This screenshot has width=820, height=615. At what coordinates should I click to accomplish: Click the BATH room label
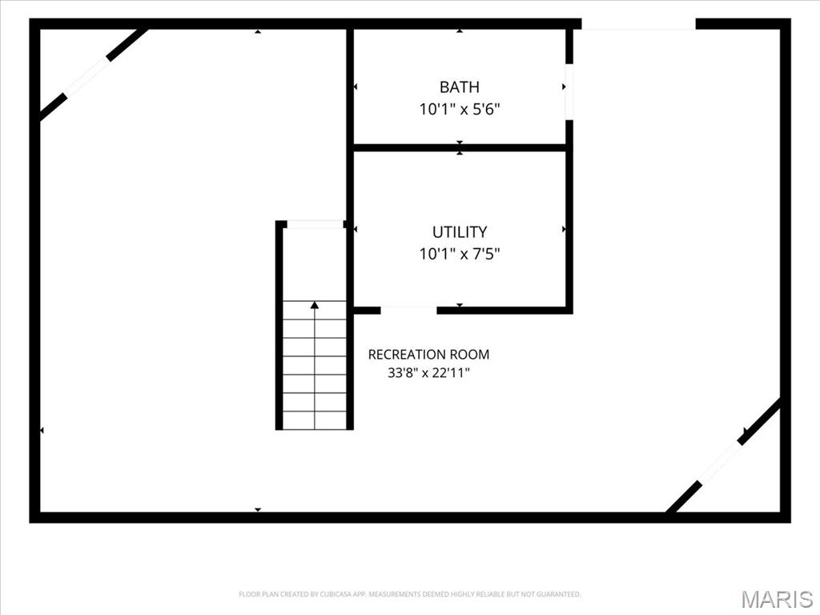[459, 86]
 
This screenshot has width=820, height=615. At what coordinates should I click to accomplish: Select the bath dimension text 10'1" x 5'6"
[460, 109]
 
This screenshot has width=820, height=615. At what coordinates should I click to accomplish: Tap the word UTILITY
[460, 231]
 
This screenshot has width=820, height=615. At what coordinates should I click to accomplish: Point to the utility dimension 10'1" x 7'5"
[460, 254]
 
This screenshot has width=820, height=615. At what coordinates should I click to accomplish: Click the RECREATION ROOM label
[429, 355]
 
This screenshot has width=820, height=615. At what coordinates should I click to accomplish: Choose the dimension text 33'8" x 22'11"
[429, 373]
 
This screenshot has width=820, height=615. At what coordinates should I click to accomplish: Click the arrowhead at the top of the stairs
[314, 305]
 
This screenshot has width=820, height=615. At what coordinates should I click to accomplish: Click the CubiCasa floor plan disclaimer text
[409, 594]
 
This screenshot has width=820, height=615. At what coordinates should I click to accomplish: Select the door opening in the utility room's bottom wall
[408, 310]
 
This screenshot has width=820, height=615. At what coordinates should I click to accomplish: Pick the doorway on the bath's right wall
[569, 92]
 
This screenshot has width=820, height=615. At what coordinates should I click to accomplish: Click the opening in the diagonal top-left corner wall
[87, 78]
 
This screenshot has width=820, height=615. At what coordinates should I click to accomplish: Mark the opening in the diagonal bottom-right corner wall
[720, 464]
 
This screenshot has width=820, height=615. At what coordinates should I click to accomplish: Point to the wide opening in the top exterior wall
[638, 24]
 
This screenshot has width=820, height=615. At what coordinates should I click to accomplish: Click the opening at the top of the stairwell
[316, 224]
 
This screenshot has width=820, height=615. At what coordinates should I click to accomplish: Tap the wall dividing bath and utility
[460, 148]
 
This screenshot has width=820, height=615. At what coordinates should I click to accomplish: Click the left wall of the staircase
[279, 325]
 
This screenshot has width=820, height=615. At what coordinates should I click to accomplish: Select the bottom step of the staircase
[314, 420]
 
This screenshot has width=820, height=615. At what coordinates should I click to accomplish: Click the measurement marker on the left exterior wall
[42, 430]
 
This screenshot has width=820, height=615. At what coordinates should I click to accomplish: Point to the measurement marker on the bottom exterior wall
[258, 510]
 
